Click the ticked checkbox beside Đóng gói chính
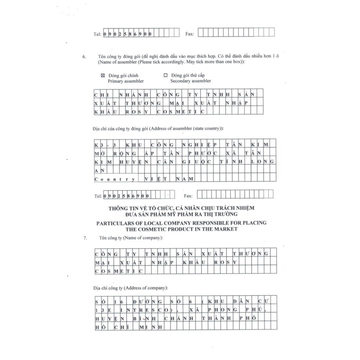click(x=103, y=75)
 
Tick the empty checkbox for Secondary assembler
click(x=165, y=75)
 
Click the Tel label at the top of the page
click(x=97, y=34)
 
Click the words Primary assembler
click(x=126, y=81)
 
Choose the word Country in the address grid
click(x=114, y=179)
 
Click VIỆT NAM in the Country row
click(x=167, y=179)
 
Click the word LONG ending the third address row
click(x=262, y=162)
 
